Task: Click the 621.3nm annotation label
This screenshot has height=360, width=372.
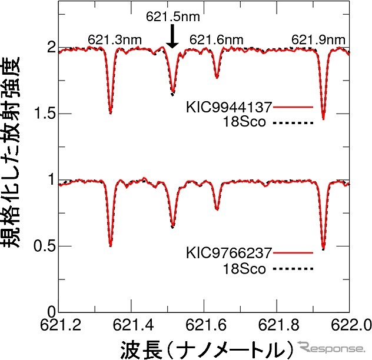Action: click(111, 40)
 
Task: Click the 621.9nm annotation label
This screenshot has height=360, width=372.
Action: click(318, 40)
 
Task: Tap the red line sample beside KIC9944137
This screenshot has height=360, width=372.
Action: click(293, 108)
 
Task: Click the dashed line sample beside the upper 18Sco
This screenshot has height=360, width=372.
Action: click(293, 122)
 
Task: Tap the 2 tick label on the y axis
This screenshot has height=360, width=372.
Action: click(50, 47)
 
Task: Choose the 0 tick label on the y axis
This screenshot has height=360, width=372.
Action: click(50, 312)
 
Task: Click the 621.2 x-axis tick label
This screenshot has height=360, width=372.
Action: click(61, 325)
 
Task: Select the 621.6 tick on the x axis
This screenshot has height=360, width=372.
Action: click(205, 325)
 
